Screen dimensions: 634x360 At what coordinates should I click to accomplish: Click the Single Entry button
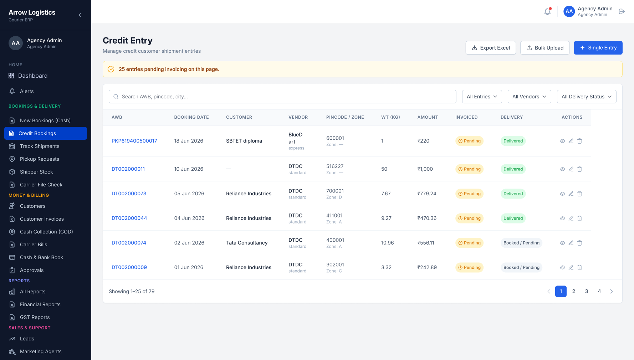(x=598, y=48)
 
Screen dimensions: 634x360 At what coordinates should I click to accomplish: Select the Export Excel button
(x=491, y=48)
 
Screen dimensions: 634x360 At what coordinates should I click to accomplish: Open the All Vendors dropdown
(x=529, y=97)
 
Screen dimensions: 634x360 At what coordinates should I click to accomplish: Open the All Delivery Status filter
(x=587, y=97)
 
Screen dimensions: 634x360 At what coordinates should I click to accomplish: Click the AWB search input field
(x=282, y=97)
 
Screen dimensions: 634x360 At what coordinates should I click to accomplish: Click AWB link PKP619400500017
(x=134, y=141)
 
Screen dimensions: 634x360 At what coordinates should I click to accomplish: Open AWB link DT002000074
(x=129, y=243)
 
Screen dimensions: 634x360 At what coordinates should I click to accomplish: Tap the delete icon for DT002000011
(x=579, y=169)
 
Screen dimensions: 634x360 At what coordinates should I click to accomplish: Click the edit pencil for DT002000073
(x=571, y=194)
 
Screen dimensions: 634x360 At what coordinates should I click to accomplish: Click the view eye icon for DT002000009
(x=562, y=267)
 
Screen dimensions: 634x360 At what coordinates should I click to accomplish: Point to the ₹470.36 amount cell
(x=427, y=218)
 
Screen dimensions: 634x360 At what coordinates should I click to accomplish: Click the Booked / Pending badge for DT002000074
(x=521, y=243)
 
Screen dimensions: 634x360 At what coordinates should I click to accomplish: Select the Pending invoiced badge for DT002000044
(x=469, y=218)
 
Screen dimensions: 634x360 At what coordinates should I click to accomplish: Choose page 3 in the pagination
(x=587, y=291)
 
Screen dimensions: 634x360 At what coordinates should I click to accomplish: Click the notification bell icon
(x=547, y=11)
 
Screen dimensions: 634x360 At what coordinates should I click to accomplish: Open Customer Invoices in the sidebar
(x=42, y=219)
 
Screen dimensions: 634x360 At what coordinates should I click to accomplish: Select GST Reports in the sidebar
(x=35, y=317)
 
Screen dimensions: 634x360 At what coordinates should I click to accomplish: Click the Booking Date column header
(x=191, y=117)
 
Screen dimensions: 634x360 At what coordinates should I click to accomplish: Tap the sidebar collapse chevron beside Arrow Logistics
(x=80, y=15)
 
